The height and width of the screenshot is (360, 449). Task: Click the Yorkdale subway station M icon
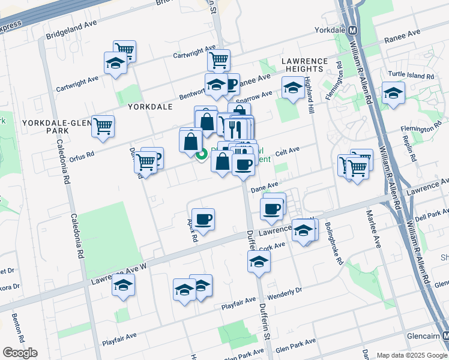353,30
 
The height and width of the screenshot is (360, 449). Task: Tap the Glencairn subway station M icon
445,337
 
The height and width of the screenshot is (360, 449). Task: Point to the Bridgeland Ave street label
75,29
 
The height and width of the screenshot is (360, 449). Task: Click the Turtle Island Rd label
411,76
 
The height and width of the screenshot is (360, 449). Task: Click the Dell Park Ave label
432,214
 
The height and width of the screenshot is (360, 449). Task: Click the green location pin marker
202,155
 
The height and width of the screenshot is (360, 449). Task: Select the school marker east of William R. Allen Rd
393,93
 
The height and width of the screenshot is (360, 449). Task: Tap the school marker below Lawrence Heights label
292,88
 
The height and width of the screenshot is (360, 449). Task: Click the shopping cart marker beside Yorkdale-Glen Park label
103,125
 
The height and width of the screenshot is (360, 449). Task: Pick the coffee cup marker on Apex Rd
203,219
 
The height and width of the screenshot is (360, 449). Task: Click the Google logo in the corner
20,353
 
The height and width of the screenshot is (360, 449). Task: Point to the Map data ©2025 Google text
411,355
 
